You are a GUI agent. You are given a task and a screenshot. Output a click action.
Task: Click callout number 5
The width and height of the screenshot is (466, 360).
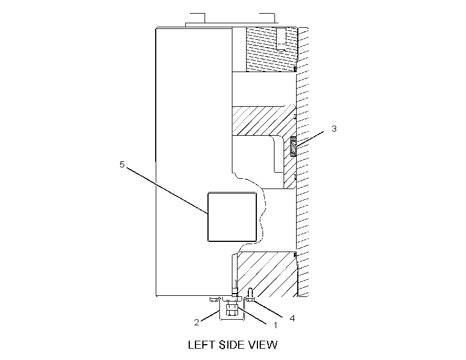(x=122, y=164)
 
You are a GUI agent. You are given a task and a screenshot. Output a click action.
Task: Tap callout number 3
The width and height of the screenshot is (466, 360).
(x=334, y=129)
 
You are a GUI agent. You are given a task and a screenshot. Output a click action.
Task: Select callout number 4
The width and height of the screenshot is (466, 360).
(x=292, y=318)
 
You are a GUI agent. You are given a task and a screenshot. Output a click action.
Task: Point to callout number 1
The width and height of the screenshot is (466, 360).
(x=275, y=325)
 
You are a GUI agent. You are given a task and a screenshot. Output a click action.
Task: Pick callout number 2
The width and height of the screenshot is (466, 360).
(x=197, y=323)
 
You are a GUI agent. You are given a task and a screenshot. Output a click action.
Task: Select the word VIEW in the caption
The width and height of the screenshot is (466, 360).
(x=263, y=345)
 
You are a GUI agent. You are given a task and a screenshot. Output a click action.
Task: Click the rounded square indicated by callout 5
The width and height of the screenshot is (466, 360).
(x=232, y=216)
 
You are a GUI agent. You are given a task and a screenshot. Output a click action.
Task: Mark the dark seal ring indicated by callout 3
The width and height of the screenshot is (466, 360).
(x=293, y=146)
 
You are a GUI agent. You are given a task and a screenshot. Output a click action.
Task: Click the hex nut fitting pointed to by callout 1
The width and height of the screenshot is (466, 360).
(x=231, y=309)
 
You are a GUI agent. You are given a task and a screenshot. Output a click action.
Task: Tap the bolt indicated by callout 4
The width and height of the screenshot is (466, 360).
(x=250, y=295)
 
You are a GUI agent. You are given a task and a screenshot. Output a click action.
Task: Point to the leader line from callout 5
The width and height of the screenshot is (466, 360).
(x=167, y=190)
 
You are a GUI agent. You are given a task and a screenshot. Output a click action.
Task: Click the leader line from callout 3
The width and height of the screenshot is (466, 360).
(x=310, y=139)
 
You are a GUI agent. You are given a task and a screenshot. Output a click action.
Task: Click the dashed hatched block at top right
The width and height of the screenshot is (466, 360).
(x=272, y=49)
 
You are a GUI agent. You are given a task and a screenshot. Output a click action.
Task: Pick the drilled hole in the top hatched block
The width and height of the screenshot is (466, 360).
(x=281, y=39)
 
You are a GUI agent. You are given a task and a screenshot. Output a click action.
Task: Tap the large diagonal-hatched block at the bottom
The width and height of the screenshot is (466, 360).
(x=267, y=274)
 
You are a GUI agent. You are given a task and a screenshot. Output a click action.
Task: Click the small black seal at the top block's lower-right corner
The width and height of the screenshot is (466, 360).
(x=295, y=69)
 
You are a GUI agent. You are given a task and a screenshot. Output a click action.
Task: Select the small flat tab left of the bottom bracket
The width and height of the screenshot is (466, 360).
(x=214, y=299)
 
